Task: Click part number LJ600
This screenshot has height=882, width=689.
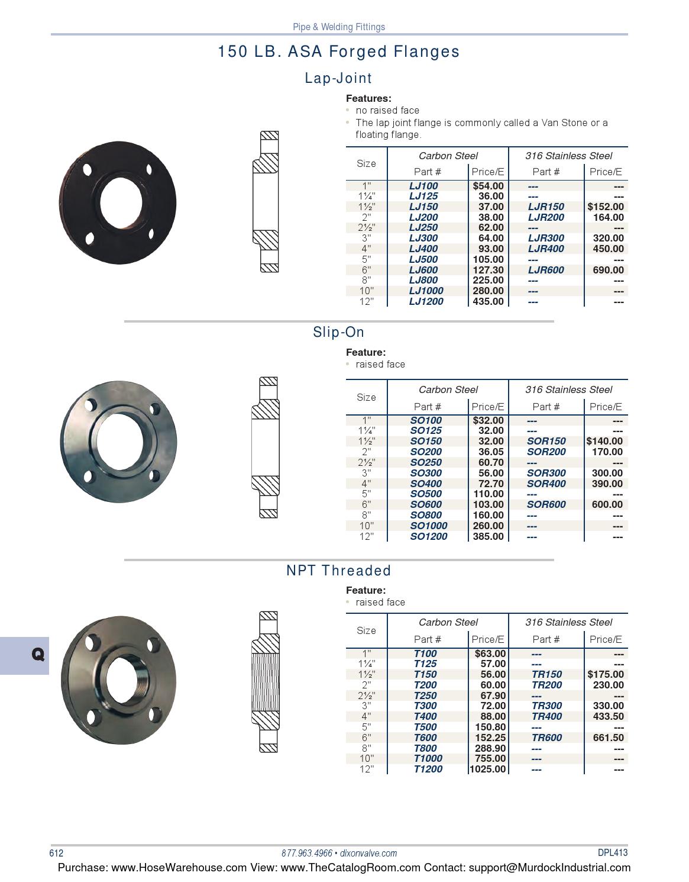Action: point(423,270)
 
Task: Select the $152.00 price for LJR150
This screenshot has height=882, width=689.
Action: point(606,207)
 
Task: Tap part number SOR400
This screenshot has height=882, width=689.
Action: point(546,484)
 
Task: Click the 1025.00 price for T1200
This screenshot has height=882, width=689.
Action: point(487,769)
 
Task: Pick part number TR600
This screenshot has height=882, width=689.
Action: point(546,738)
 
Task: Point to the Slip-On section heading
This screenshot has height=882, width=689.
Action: point(338,332)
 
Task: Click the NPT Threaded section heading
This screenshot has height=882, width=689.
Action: point(338,571)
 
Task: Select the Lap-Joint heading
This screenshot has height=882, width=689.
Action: point(338,78)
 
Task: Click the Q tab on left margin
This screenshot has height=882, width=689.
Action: point(37,654)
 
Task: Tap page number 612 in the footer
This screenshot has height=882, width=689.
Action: point(56,853)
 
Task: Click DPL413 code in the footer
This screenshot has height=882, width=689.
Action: point(612,852)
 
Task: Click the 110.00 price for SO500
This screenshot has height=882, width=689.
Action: point(489,494)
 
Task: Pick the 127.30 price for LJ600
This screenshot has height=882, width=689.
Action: point(489,270)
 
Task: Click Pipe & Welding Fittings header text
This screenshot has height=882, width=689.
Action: point(339,27)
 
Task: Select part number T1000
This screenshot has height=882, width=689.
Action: point(428,758)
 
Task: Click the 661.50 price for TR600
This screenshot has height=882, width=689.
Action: point(608,738)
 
